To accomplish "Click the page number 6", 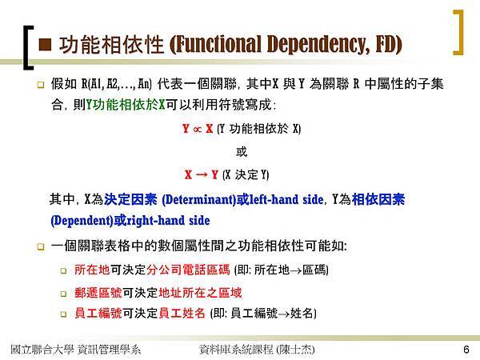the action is point(466,350).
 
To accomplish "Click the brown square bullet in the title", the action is point(45,44).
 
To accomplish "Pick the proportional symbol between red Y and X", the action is point(198,129).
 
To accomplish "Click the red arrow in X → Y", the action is point(202,175).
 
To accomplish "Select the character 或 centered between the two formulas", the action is point(242,151).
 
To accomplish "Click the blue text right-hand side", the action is point(168,221).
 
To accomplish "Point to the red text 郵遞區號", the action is point(98,293).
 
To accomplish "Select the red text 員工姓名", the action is point(182,313).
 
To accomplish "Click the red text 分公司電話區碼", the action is point(188,270).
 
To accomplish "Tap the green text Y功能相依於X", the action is point(126,105).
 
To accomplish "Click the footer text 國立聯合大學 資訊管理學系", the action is point(76,350).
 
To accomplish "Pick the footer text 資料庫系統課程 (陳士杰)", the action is point(257,350).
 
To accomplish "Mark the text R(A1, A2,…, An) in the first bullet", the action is point(116,83).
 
